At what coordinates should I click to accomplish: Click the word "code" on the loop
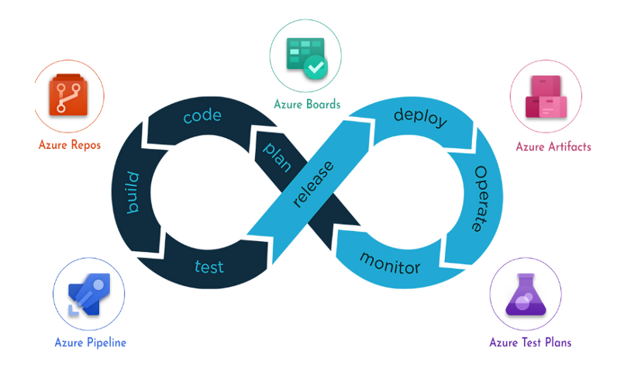pos(202,116)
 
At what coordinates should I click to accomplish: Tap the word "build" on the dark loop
pos(133,193)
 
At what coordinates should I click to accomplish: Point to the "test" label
pos(209,267)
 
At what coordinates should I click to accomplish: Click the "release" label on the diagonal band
pos(314,184)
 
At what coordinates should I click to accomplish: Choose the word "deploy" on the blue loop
pos(420,117)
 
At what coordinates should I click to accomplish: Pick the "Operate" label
pos(480,198)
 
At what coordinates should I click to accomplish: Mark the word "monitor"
pos(391,264)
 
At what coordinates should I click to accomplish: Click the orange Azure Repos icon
pos(68,95)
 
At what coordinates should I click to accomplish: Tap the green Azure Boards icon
pos(307,58)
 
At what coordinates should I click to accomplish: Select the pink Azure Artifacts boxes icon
pos(546,97)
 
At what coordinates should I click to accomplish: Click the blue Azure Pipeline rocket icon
pos(89,295)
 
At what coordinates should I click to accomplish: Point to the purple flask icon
pos(526,295)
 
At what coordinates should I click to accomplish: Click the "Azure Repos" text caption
pos(70,145)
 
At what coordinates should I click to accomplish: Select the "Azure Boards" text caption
pos(307,104)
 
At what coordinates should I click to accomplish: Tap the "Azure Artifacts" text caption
pos(553,147)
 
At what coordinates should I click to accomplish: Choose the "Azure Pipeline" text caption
pos(90,343)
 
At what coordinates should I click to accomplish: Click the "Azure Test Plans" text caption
pos(530,342)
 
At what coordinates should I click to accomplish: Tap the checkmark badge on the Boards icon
pos(315,67)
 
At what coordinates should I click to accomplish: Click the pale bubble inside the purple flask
pos(523,302)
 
